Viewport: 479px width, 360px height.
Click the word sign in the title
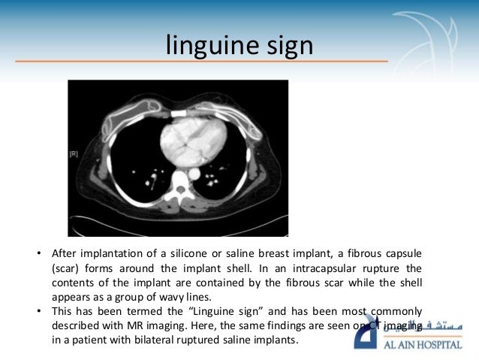pos(286,47)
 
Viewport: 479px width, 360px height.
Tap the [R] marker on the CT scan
pos(74,154)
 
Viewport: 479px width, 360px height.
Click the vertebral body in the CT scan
pos(181,185)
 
